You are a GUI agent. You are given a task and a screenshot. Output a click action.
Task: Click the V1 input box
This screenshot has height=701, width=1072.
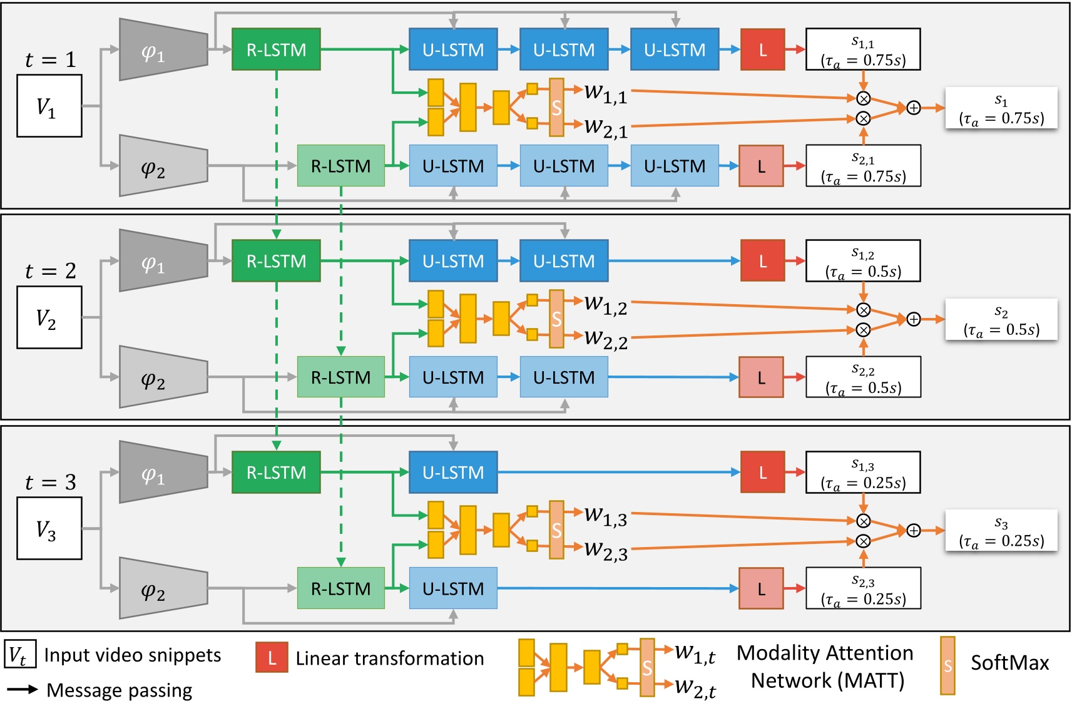(49, 106)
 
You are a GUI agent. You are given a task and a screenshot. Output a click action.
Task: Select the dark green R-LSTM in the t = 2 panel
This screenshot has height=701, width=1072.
(276, 261)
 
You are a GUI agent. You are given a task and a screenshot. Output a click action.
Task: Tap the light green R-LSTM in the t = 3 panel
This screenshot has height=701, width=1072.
(340, 588)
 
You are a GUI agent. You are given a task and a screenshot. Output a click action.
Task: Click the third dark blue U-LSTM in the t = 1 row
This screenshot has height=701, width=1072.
(675, 49)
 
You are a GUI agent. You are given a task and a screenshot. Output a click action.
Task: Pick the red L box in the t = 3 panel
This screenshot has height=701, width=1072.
(762, 473)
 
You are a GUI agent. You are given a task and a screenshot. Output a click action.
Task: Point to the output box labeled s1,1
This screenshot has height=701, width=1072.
(863, 49)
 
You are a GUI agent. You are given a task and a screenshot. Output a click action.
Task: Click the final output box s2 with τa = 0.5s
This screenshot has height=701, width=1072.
(1001, 320)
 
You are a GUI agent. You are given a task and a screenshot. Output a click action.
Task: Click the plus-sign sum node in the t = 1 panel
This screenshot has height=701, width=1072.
(914, 108)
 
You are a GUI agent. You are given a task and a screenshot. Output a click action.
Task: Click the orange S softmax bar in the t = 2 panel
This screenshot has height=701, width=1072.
(556, 319)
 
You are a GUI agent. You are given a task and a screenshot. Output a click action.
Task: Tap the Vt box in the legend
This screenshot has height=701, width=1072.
(20, 655)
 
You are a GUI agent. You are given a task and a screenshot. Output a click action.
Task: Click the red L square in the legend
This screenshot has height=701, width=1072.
(272, 658)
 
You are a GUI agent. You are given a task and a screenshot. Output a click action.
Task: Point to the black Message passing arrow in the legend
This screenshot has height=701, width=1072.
(23, 690)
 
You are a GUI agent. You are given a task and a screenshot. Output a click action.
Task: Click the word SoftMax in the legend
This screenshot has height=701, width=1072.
(1009, 663)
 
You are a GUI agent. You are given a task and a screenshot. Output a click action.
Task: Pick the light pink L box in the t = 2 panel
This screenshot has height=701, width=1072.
(761, 377)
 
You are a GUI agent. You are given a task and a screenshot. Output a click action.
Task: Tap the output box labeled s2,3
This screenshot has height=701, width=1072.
(863, 588)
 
